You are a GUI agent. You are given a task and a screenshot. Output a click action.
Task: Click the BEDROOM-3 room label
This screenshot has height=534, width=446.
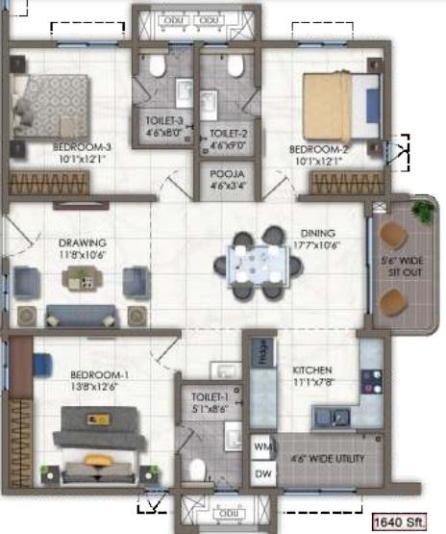point(82,147)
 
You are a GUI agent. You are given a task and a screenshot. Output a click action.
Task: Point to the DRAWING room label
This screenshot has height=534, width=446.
point(82,242)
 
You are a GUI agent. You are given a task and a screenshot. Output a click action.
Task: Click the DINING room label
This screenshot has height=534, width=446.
point(317,232)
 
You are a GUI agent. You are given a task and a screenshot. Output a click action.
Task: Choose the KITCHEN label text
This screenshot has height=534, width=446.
point(312,369)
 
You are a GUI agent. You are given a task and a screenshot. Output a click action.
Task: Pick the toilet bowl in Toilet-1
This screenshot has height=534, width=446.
point(198,470)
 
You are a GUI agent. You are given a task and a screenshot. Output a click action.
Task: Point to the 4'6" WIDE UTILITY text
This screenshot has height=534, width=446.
point(329,459)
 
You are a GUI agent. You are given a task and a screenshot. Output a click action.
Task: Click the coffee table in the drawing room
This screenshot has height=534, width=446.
point(80,280)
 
